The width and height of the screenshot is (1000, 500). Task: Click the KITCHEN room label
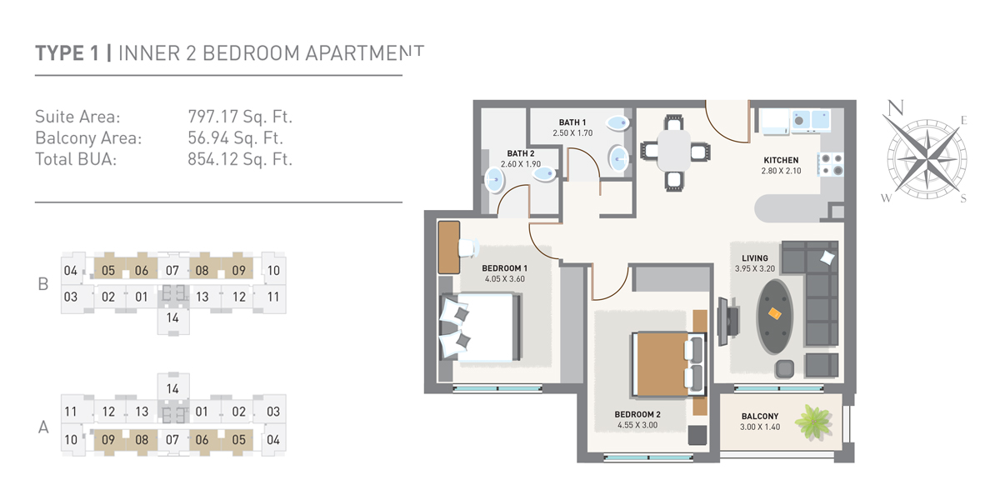(x=781, y=160)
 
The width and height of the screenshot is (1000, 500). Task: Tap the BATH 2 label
(x=521, y=153)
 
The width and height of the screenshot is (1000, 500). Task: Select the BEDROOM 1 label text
(x=504, y=268)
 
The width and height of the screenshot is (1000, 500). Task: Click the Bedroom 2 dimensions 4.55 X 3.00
(x=637, y=425)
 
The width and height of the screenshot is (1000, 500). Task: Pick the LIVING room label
(x=755, y=258)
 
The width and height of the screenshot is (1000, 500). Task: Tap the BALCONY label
(x=759, y=417)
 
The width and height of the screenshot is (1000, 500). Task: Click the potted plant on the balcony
(x=813, y=421)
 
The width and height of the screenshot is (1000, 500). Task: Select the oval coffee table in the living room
(x=775, y=313)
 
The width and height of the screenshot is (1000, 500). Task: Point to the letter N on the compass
(x=895, y=108)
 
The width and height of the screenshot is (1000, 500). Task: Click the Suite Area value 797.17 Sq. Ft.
(x=240, y=117)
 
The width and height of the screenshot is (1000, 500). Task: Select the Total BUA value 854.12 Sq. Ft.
(x=240, y=158)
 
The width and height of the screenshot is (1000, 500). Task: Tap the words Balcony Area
(x=88, y=137)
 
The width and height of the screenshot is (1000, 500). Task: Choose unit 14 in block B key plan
(x=172, y=317)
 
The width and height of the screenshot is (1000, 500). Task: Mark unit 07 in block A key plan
(x=172, y=439)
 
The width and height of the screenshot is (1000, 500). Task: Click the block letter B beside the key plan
(x=43, y=283)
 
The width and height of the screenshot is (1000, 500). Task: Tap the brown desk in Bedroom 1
(x=449, y=247)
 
